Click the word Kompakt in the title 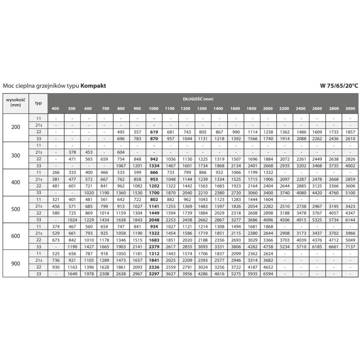point(93,86)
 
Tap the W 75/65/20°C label point(339,86)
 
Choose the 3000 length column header point(350,109)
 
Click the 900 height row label point(16,264)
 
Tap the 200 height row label point(16,127)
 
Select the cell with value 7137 point(350,247)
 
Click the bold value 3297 point(154,274)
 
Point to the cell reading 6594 point(268,274)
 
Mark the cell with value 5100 point(350,193)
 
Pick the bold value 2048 point(154,220)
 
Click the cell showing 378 point(72,152)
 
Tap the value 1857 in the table point(350,132)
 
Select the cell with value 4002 point(350,166)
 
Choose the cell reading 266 point(56,172)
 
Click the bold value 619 point(154,132)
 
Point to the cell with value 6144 point(350,220)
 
